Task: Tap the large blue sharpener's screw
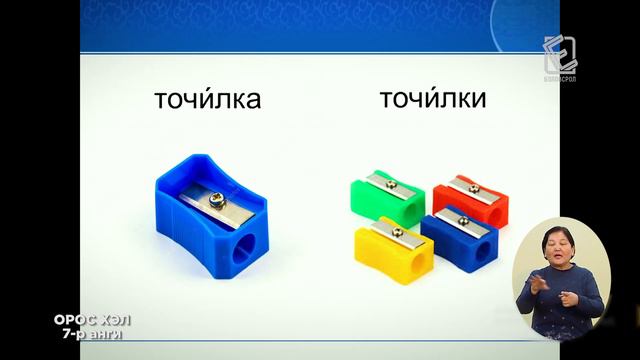pyautogui.click(x=214, y=200)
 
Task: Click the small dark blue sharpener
pyautogui.click(x=460, y=236)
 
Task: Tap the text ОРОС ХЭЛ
pyautogui.click(x=92, y=320)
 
